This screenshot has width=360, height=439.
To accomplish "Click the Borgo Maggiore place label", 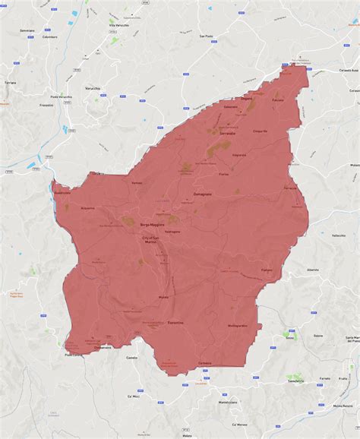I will [153, 225].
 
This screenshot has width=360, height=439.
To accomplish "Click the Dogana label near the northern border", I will [246, 98].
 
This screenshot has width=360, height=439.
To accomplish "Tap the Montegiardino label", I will [238, 326].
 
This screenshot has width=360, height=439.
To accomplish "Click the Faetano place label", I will [267, 270].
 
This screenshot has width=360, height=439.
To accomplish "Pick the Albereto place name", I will [312, 269].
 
